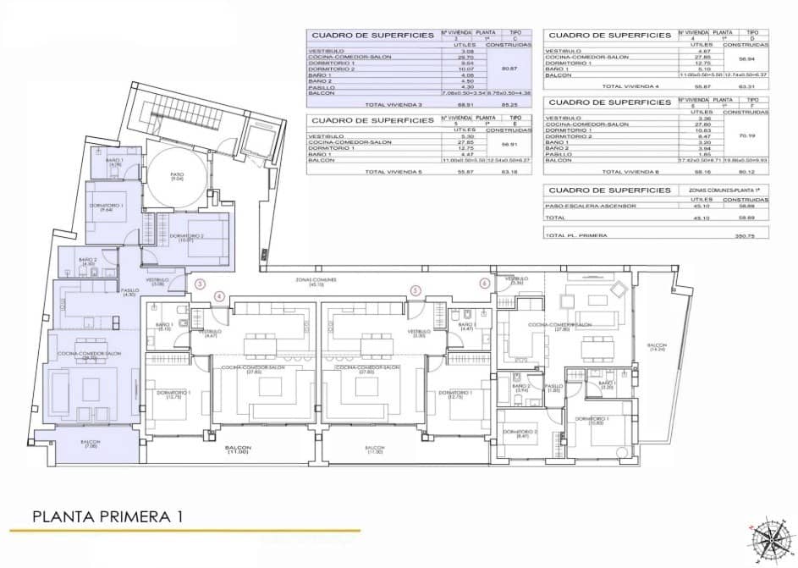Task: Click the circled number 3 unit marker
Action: click(x=200, y=284)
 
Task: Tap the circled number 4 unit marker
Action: click(x=219, y=295)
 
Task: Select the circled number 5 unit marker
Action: click(x=416, y=290)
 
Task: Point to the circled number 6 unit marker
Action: click(x=484, y=284)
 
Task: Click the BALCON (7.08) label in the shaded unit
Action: click(x=91, y=444)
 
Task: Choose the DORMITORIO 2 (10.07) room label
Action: click(x=186, y=237)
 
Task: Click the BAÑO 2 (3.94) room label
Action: click(x=521, y=389)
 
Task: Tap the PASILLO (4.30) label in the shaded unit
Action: click(x=129, y=293)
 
